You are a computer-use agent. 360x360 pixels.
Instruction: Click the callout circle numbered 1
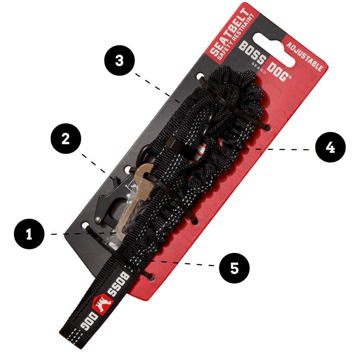point(29,234)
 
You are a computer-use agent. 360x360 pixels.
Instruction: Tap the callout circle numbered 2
point(66,139)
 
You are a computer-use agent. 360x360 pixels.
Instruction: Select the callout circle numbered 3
point(120,61)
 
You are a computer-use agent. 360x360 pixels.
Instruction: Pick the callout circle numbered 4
point(330,147)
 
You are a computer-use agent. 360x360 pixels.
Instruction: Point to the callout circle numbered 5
point(234,268)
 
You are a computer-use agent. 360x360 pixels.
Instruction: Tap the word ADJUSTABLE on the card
point(305,57)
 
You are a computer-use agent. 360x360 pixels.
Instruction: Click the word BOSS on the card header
point(252,53)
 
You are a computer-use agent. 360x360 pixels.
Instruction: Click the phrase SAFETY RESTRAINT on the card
point(237,37)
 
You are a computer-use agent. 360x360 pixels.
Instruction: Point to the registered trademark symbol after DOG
point(290,77)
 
